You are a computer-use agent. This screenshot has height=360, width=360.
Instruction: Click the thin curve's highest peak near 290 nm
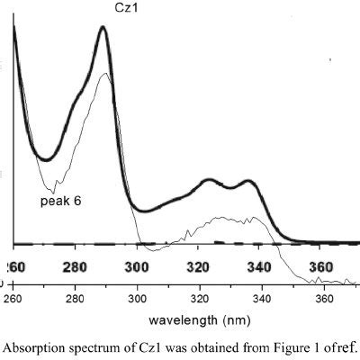coord(106,74)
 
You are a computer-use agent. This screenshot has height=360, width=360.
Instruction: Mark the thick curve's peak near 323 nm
coord(209,180)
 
